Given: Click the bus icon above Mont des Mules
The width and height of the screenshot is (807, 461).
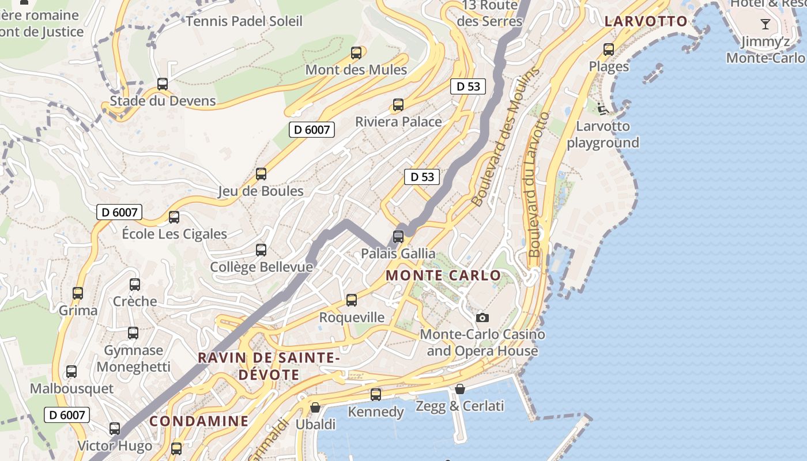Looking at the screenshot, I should coord(356,53).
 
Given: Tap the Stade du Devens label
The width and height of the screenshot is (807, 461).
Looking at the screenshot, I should coord(163,101).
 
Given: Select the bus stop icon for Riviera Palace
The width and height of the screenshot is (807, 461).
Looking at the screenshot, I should coord(398,105).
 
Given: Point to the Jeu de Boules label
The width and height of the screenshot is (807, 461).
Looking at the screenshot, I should coord(261,191).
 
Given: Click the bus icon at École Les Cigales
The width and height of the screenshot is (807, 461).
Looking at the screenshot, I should coord(174,217).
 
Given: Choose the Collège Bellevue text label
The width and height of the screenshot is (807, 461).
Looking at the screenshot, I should coord(261,267).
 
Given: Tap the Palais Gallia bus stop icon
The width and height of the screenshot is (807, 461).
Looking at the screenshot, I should coord(398,236).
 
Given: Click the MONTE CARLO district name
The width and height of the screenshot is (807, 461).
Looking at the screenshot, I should coord(443,275).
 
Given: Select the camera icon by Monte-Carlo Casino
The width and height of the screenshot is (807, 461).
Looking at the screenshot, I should coord(482,318).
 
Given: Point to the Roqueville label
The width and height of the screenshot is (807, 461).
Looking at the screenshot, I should coord(352,318).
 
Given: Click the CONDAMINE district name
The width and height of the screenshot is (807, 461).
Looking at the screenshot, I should coord(199,421).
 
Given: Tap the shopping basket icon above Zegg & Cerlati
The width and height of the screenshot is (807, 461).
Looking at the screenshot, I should coord(459,389).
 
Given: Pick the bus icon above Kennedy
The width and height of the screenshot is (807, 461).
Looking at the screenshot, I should coord(376,395).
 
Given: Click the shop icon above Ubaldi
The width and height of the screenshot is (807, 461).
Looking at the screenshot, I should coord(315,407).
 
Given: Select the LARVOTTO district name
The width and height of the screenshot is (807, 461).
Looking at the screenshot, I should coord(646,22).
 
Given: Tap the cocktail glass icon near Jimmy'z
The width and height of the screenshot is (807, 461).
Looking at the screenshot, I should coord(765,24).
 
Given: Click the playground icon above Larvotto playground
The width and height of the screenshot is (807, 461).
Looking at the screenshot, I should coord(603,108).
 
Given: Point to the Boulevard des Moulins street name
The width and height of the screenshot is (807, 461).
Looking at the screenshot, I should coord(506,137).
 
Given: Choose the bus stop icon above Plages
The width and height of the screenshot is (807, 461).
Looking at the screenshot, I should coord(609,50).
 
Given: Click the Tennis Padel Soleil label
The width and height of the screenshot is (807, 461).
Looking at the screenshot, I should coord(244,22).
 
